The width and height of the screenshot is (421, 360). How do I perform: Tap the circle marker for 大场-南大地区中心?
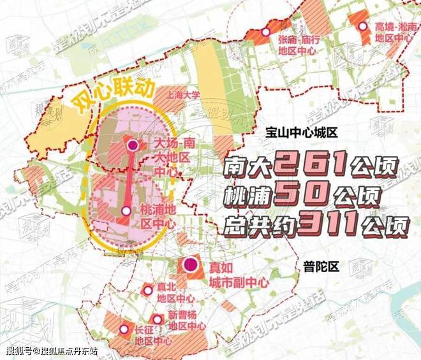pyautogui.click(x=133, y=146)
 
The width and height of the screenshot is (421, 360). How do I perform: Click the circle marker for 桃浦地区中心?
pyautogui.click(x=126, y=210)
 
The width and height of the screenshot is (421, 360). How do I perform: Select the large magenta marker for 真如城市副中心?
pyautogui.click(x=189, y=265)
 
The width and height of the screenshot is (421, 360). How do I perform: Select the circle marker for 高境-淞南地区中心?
pyautogui.click(x=363, y=27)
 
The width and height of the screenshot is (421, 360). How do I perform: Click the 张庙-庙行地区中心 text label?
pyautogui.click(x=297, y=45)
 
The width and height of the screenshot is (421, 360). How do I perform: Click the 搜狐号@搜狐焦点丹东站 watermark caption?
pyautogui.click(x=52, y=351)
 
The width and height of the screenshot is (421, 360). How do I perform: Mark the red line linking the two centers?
pyautogui.click(x=130, y=178)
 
